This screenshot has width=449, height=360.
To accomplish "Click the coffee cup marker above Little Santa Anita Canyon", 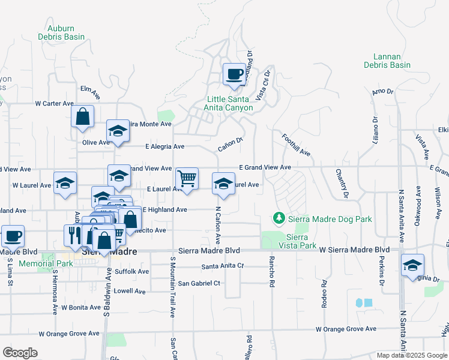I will click(235, 75).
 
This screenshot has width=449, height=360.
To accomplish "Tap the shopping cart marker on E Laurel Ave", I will click(187, 178).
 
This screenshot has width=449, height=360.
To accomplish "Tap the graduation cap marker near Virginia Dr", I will click(412, 265).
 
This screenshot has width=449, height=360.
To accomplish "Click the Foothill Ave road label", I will click(296, 145).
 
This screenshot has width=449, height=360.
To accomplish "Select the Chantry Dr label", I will click(341, 184).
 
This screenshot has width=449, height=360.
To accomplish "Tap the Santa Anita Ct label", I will click(223, 266).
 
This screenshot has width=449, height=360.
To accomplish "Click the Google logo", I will click(20, 353).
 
